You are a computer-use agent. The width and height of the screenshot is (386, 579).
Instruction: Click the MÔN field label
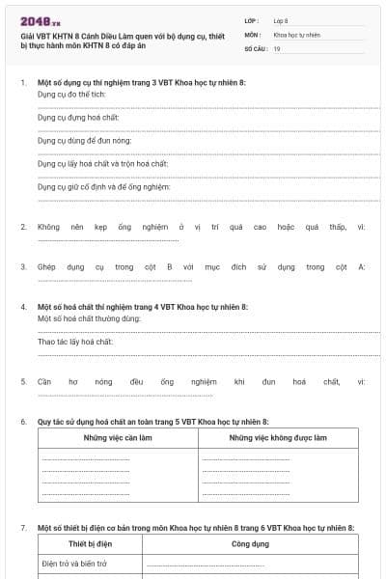252,34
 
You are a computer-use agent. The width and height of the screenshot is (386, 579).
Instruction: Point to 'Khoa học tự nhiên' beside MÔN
296,34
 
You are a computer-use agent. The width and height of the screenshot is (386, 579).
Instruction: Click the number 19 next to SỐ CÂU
277,47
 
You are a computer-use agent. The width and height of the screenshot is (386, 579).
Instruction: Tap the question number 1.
23,83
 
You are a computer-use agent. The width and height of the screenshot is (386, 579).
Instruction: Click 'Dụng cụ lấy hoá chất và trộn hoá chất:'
102,164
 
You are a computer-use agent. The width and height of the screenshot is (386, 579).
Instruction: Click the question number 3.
23,266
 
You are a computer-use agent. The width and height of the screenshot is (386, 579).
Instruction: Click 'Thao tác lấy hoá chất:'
75,342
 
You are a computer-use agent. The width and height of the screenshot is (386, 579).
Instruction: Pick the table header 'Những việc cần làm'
118,438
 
